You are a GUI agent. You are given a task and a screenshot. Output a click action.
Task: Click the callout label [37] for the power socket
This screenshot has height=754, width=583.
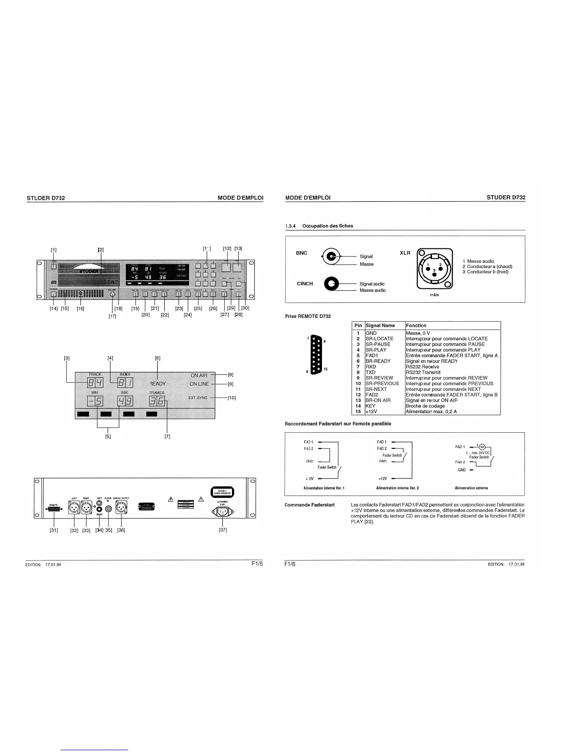pyautogui.click(x=222, y=530)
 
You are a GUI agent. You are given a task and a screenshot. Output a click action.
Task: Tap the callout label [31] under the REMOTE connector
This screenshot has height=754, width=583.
pyautogui.click(x=54, y=530)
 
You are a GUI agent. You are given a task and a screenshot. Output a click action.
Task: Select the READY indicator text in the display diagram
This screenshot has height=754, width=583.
pyautogui.click(x=158, y=384)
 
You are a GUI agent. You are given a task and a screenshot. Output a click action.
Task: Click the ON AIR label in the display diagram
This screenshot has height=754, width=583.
pyautogui.click(x=199, y=376)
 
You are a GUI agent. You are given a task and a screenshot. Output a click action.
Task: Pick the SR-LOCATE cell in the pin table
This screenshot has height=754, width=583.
pyautogui.click(x=380, y=338)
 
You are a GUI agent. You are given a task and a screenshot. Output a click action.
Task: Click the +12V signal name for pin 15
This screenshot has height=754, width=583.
pyautogui.click(x=371, y=411)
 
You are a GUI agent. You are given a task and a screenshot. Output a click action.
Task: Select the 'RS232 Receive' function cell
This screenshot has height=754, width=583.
pyautogui.click(x=422, y=367)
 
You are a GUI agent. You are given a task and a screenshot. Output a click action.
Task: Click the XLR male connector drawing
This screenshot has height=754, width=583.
pyautogui.click(x=434, y=269)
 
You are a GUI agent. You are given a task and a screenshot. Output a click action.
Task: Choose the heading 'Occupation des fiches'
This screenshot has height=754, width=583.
pyautogui.click(x=328, y=226)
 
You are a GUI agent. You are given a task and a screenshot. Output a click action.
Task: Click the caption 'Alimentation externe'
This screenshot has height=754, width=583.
pyautogui.click(x=472, y=488)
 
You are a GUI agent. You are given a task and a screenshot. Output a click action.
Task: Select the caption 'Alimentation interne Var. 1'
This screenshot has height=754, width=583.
pyautogui.click(x=324, y=488)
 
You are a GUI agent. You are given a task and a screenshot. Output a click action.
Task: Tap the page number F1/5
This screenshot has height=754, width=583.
pyautogui.click(x=257, y=565)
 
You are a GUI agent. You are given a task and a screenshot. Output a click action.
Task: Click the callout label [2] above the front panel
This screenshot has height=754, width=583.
pyautogui.click(x=101, y=249)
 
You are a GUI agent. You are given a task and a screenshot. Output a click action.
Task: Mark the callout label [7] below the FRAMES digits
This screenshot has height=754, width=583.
pyautogui.click(x=167, y=436)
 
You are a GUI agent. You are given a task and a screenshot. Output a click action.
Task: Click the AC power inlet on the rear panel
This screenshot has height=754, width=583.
pyautogui.click(x=222, y=512)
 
